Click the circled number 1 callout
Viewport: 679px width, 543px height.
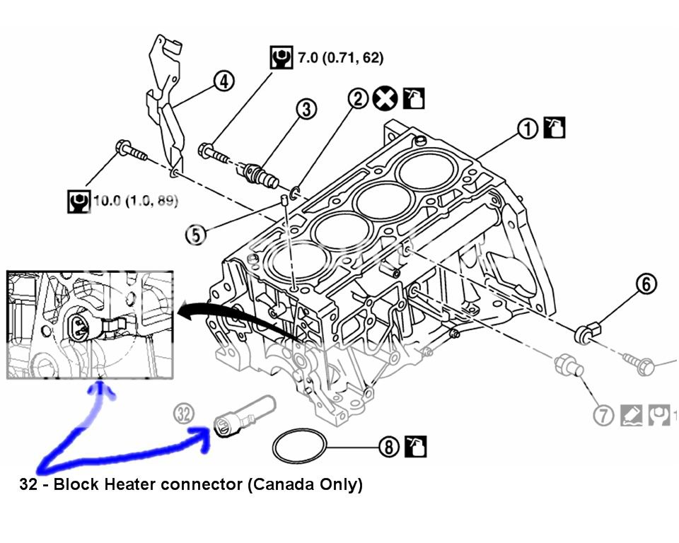click(527, 129)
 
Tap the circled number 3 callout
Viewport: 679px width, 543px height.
click(306, 109)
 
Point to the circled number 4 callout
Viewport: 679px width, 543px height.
click(223, 82)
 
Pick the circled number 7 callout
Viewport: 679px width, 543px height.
click(603, 416)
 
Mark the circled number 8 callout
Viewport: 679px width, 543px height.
click(388, 446)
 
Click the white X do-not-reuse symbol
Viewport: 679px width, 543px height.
click(385, 99)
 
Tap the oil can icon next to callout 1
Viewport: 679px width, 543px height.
click(554, 128)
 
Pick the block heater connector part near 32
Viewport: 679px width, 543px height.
click(240, 417)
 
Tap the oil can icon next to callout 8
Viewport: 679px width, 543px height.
click(414, 445)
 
